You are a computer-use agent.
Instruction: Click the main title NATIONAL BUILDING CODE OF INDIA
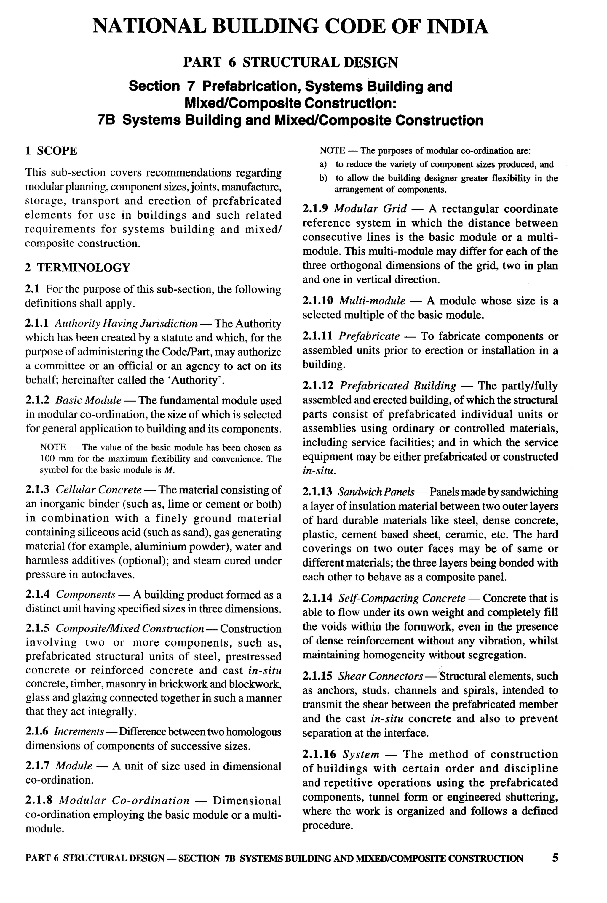click(290, 26)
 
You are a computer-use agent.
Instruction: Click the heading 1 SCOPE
click(51, 150)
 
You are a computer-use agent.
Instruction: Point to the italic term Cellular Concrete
click(99, 490)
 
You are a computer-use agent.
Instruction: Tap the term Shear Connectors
click(381, 676)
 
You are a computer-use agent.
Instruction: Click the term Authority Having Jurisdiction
click(126, 323)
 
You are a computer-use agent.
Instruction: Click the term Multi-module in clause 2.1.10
click(372, 301)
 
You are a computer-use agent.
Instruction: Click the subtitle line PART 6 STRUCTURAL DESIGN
click(290, 62)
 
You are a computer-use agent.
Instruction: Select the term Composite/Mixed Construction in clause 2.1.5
click(130, 628)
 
